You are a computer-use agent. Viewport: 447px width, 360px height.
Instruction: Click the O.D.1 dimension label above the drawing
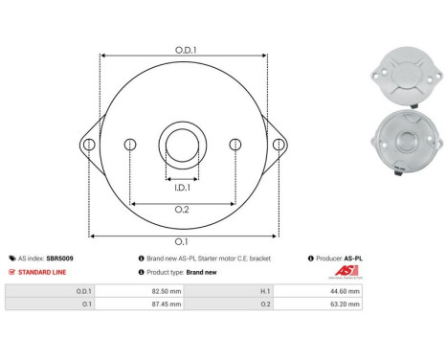click(x=186, y=50)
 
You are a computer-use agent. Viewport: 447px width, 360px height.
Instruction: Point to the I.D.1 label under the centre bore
click(x=182, y=188)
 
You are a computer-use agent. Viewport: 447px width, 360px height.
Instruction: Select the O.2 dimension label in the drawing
click(x=182, y=210)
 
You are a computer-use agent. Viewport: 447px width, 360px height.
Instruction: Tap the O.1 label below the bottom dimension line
click(x=181, y=242)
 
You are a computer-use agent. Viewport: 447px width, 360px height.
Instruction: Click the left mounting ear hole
click(x=89, y=145)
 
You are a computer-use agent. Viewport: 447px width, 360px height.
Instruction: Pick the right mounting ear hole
click(x=279, y=145)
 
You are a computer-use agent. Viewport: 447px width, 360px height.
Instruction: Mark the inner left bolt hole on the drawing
click(x=130, y=145)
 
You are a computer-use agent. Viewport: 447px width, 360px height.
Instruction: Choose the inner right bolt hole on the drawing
click(x=235, y=145)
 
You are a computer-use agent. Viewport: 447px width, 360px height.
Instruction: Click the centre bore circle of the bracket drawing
click(x=183, y=129)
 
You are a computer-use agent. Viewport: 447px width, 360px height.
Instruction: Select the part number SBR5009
click(x=59, y=259)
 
